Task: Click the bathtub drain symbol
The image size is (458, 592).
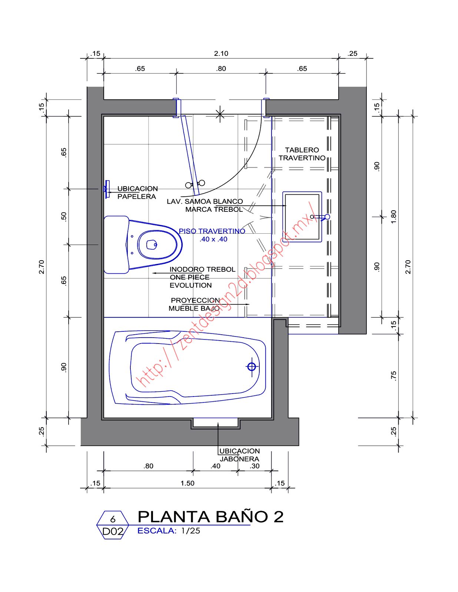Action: tap(252, 367)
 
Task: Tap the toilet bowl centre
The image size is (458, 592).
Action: tap(152, 244)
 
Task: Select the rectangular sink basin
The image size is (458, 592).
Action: tap(302, 217)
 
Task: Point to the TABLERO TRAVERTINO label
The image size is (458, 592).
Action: tap(302, 154)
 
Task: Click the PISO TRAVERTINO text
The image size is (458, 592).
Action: tap(212, 231)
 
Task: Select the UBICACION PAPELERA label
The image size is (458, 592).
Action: tap(137, 193)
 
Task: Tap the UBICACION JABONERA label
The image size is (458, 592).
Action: tap(239, 455)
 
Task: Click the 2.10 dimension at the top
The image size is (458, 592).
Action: tap(221, 53)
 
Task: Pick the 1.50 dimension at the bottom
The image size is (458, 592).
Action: tap(187, 483)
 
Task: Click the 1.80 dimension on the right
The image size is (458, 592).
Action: tap(394, 217)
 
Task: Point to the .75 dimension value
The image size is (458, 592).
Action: tap(394, 376)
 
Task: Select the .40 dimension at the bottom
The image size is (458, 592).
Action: tap(215, 466)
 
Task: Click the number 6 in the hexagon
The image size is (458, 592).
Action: tap(113, 519)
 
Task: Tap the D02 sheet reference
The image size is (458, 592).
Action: tap(113, 532)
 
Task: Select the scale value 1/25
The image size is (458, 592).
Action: tap(190, 531)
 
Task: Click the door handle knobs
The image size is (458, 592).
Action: tap(195, 184)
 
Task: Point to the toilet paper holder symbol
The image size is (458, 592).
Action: tap(107, 189)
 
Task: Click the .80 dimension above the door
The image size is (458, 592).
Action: tap(221, 68)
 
